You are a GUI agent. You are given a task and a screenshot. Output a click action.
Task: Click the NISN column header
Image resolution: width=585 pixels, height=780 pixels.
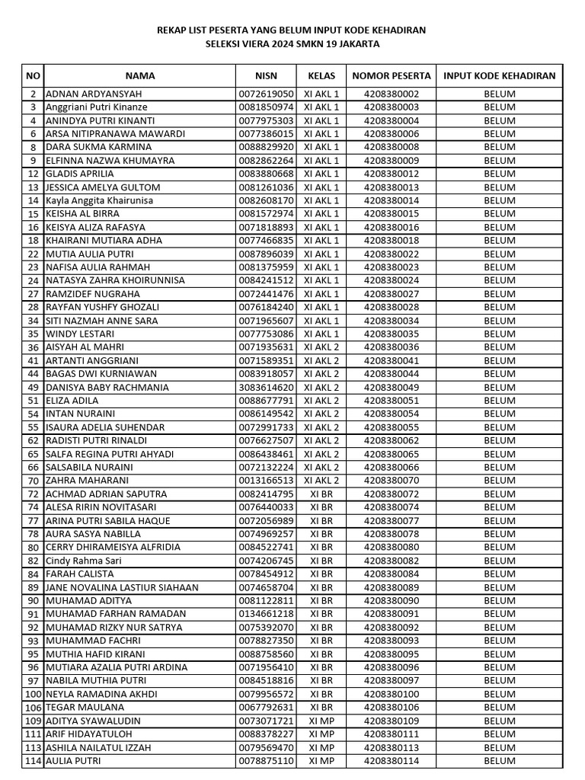tap(266, 75)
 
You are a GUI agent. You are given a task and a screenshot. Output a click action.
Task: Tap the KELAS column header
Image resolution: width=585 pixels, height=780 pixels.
tap(321, 75)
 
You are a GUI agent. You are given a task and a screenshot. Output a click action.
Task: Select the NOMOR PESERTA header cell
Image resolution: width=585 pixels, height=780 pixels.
tap(392, 75)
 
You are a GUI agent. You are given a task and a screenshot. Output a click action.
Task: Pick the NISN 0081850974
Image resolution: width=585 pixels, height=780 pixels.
tap(266, 107)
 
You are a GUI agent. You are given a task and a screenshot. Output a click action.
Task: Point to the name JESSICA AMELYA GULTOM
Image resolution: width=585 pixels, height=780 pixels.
tap(103, 187)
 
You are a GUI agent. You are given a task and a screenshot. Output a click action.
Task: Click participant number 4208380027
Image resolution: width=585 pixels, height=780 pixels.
tap(392, 294)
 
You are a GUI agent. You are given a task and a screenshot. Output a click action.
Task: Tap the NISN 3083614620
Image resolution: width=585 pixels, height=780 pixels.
tap(266, 387)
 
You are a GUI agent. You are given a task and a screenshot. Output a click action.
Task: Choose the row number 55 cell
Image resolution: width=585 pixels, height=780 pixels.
tap(33, 427)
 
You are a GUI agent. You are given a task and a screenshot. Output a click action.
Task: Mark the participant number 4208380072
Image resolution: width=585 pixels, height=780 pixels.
tap(392, 494)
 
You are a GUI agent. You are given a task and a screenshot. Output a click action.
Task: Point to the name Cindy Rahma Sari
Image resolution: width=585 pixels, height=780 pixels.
tap(83, 561)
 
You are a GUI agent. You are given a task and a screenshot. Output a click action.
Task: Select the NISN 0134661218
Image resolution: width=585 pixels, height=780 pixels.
tap(266, 614)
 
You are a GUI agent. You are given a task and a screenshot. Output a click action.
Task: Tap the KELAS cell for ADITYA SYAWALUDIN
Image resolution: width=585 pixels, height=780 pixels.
tap(321, 721)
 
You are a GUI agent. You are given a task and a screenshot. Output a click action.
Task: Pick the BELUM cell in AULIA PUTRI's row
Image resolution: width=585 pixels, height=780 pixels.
tap(500, 760)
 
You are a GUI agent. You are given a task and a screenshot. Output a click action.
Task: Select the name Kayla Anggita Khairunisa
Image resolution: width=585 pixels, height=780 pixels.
tap(100, 200)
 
